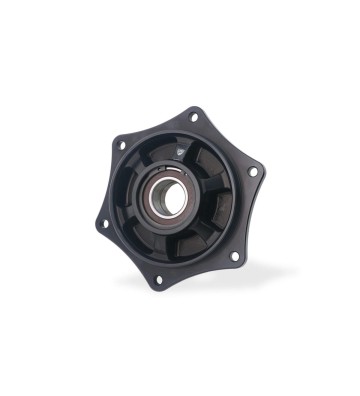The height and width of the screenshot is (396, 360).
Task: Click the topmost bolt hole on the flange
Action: pos(196,116)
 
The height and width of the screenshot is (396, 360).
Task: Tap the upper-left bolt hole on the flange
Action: pos(121,146)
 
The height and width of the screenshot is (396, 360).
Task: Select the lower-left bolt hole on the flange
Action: pos(105,223)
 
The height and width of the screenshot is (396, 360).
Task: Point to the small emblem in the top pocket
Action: pos(179,149)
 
